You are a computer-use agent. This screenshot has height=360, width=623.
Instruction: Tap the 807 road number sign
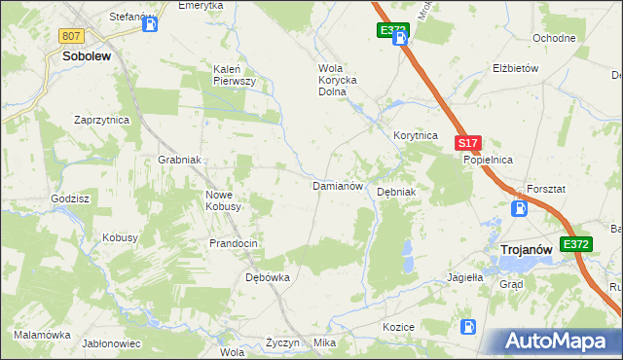[x=70, y=36]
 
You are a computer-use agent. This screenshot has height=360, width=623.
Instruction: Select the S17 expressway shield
[x=466, y=143]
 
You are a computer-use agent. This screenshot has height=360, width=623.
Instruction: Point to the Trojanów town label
[x=526, y=250]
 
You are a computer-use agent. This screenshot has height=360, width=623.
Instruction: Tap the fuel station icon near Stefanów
[x=149, y=25]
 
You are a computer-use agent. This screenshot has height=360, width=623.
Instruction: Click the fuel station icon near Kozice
[x=468, y=327]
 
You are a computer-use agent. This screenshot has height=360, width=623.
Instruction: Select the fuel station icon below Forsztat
[x=520, y=207]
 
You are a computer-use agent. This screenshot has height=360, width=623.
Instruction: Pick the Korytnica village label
[x=415, y=136]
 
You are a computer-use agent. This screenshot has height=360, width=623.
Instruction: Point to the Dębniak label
[x=396, y=192]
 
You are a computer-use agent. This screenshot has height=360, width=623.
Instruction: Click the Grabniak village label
[x=179, y=160]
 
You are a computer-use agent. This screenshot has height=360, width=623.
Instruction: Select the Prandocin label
[x=234, y=243]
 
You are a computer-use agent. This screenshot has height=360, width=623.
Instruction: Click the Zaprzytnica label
[x=102, y=120]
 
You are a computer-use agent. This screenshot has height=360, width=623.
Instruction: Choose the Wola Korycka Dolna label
[x=338, y=81]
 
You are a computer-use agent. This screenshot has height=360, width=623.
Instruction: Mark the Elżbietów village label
[x=516, y=69]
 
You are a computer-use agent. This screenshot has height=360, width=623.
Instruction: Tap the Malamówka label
[x=42, y=335]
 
